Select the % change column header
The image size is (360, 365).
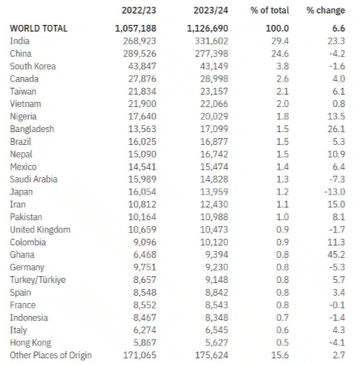tap(326, 10)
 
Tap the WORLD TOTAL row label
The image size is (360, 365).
tap(39, 28)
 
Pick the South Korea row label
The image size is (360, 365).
tap(33, 66)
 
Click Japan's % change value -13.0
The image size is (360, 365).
tap(335, 192)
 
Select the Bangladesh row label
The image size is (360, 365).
tap(32, 129)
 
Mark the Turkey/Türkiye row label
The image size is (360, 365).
tap(38, 280)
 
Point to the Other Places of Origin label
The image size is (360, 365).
tap(51, 355)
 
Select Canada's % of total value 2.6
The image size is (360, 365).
tap(284, 79)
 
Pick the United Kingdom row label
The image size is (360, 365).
tap(40, 230)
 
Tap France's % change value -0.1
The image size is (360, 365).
tap(337, 305)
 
